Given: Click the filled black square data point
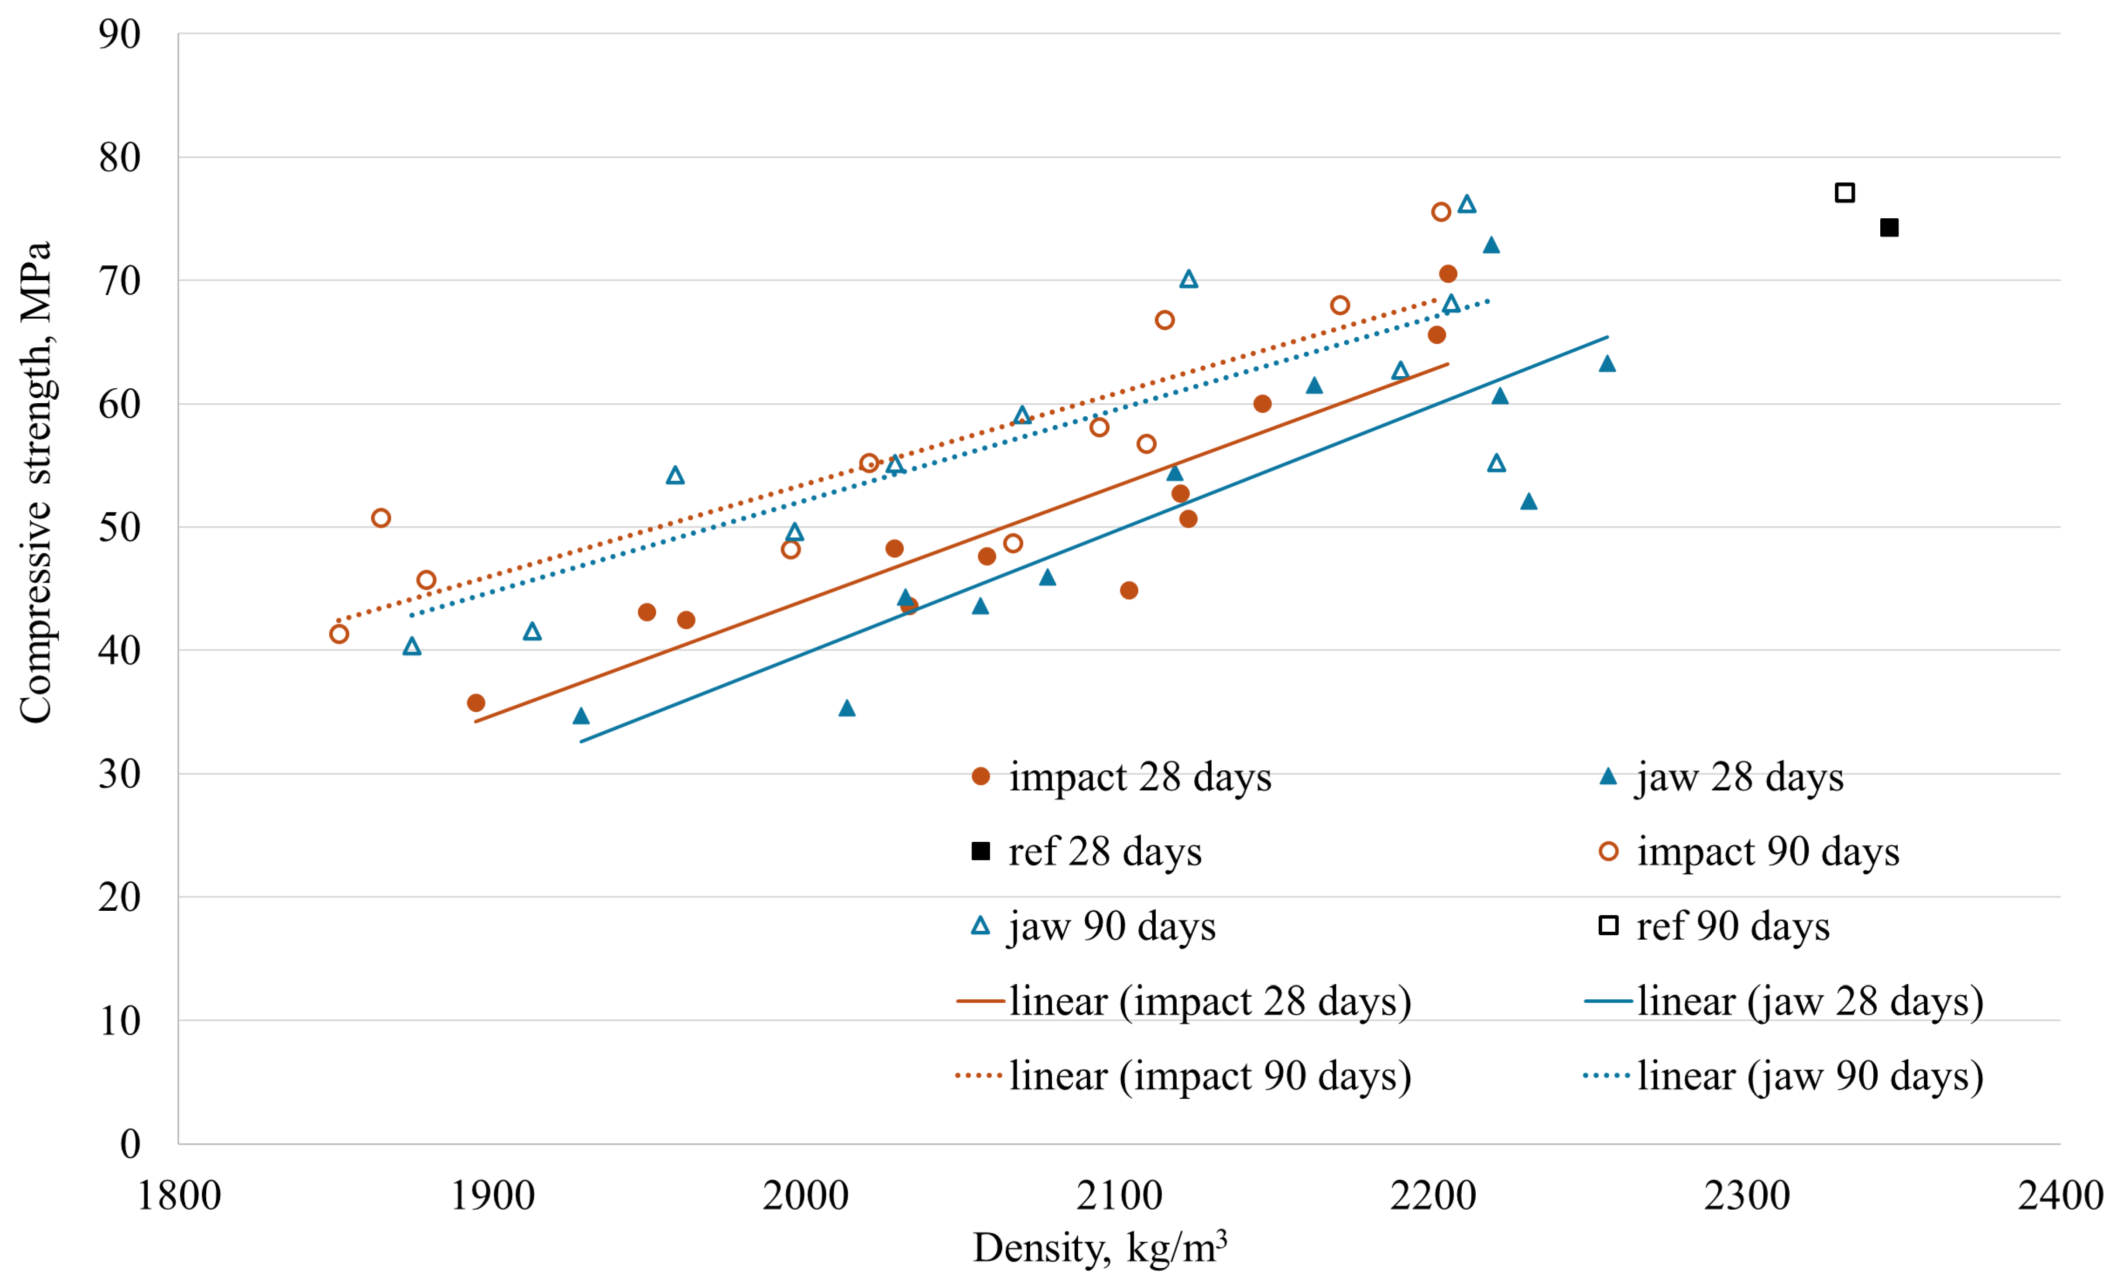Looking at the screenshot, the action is [1889, 228].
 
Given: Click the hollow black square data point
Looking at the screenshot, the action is [1845, 192].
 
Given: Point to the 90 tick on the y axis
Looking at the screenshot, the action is [119, 34].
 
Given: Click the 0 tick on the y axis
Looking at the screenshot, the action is [130, 1144].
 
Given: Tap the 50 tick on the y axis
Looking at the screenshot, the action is [119, 527].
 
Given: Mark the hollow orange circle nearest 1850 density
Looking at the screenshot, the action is [339, 634].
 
